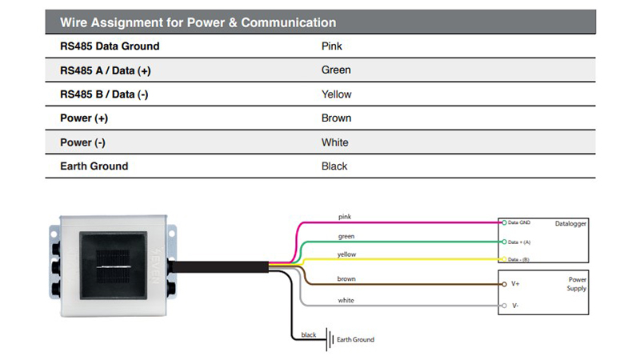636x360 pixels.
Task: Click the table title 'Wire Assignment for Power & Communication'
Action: tap(198, 22)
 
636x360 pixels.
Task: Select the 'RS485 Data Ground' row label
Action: tap(110, 46)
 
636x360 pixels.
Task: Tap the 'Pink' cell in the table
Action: tap(331, 46)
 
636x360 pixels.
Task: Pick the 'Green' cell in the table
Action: tap(336, 70)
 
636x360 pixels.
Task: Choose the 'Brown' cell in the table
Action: tap(336, 118)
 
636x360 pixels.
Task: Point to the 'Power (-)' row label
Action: tap(84, 142)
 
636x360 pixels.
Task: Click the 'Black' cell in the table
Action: tap(334, 166)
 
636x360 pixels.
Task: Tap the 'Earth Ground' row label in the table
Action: tap(94, 166)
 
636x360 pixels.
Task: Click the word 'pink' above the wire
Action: tap(345, 217)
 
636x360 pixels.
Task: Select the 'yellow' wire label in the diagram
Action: tap(347, 254)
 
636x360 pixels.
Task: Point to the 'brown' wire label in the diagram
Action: tap(346, 279)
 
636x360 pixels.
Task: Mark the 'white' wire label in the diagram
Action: tap(346, 301)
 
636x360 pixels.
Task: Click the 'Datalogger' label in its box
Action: tap(571, 224)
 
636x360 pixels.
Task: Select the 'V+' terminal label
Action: tap(516, 284)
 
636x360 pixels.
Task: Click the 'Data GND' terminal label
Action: tap(520, 222)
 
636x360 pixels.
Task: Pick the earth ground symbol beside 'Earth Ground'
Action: tap(328, 339)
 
